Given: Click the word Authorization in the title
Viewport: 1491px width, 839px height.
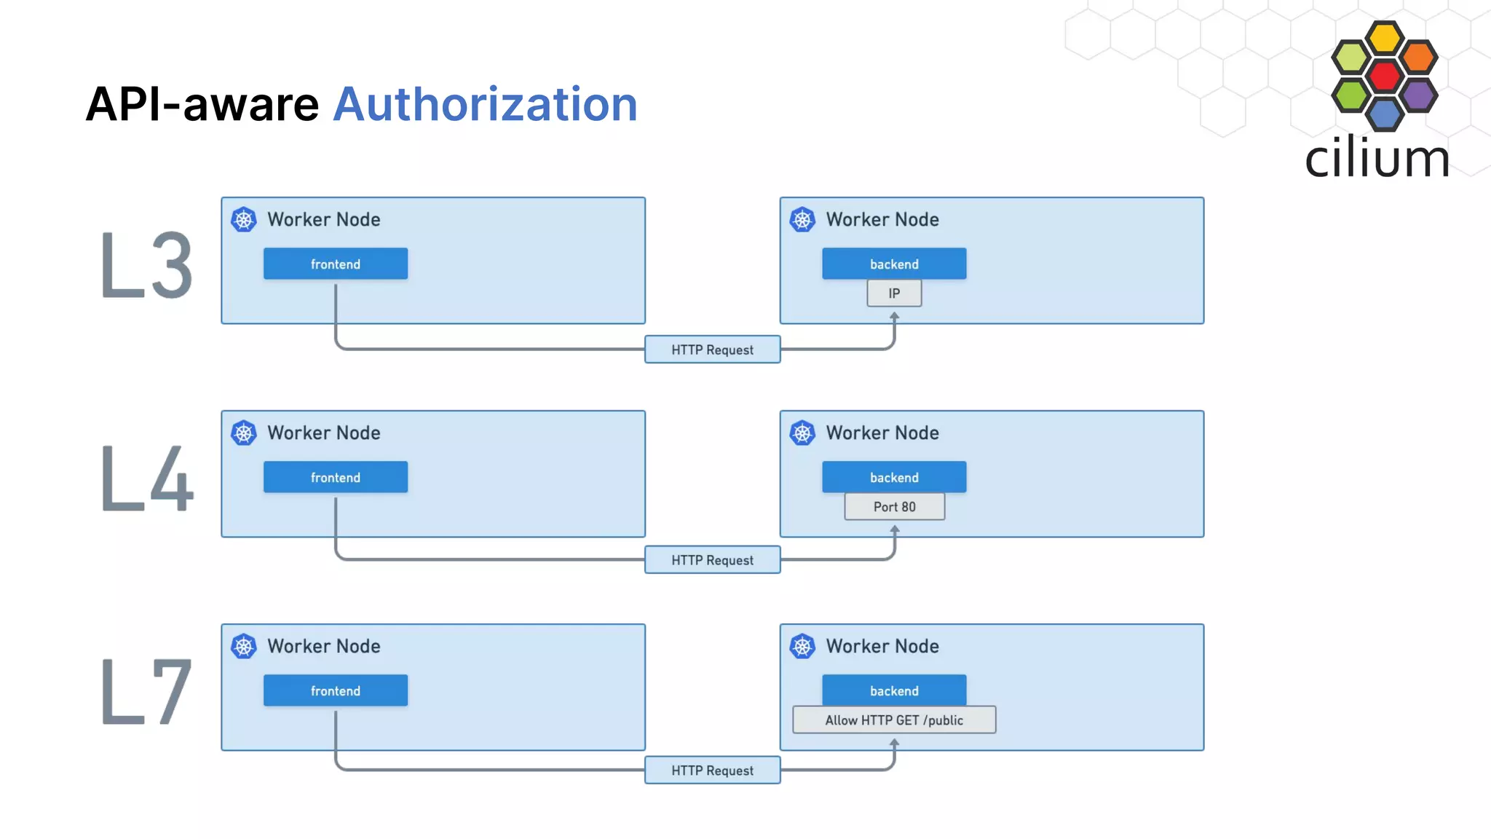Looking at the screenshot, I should click(x=485, y=104).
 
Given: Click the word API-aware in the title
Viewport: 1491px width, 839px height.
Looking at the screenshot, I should click(x=202, y=104).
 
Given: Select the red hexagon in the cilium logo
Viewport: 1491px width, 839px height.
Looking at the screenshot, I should click(x=1384, y=76).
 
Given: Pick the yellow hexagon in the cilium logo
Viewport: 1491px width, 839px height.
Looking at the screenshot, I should click(x=1384, y=38).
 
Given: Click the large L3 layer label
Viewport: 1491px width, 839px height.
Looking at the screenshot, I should click(x=146, y=265).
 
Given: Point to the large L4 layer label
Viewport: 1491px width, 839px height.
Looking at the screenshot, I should click(x=146, y=478).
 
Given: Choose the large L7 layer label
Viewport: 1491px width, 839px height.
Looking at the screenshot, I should click(x=146, y=692).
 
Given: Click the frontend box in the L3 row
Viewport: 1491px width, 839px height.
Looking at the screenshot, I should click(x=336, y=264).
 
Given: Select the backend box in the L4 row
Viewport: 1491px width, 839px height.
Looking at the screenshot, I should click(x=894, y=477).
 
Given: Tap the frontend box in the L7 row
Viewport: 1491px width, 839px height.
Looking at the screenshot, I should click(x=336, y=690).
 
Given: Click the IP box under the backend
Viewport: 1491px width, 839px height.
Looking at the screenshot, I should click(x=894, y=294).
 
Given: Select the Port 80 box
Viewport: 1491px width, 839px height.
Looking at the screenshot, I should click(x=894, y=507).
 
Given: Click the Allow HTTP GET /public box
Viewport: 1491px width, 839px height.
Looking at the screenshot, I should click(x=894, y=720).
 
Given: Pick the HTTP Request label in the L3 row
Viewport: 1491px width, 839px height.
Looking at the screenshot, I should click(x=712, y=350).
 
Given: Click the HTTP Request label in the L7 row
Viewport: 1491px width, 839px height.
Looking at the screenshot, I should click(x=712, y=771).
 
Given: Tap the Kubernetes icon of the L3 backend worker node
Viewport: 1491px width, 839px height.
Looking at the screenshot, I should click(x=802, y=219).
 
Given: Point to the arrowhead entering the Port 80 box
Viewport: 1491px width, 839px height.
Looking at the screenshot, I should click(x=895, y=529).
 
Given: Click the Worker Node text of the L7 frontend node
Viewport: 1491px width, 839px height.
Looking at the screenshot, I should click(x=323, y=646).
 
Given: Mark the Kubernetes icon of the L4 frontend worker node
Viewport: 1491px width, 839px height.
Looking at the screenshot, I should click(x=244, y=433).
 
